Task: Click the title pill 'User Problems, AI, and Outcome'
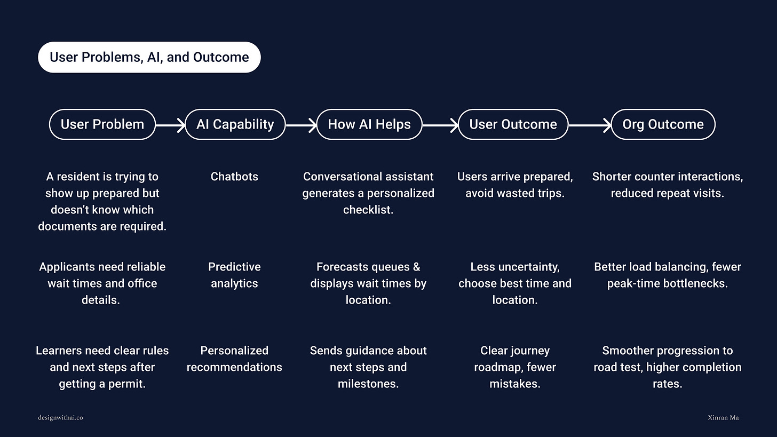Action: pyautogui.click(x=149, y=57)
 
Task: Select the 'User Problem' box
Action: pyautogui.click(x=102, y=124)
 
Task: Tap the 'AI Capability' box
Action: pyautogui.click(x=235, y=124)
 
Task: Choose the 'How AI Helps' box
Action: pyautogui.click(x=369, y=124)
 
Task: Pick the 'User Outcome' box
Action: pyautogui.click(x=513, y=124)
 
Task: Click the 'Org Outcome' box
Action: pyautogui.click(x=663, y=124)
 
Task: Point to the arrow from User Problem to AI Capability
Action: pyautogui.click(x=170, y=125)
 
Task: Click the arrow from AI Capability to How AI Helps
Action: pyautogui.click(x=301, y=125)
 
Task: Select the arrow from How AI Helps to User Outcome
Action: pyautogui.click(x=440, y=125)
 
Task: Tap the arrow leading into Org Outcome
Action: pyautogui.click(x=590, y=125)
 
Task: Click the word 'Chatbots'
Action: pyautogui.click(x=234, y=177)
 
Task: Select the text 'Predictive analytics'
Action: pyautogui.click(x=234, y=275)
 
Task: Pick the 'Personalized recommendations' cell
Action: pyautogui.click(x=234, y=359)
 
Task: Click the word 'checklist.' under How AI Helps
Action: pyautogui.click(x=368, y=210)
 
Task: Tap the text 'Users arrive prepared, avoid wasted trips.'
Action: pyautogui.click(x=514, y=185)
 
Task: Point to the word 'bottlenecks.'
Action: pyautogui.click(x=694, y=283)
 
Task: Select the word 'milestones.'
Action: pyautogui.click(x=368, y=384)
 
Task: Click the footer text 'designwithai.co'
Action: pyautogui.click(x=60, y=417)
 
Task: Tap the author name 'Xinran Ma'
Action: pyautogui.click(x=720, y=417)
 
